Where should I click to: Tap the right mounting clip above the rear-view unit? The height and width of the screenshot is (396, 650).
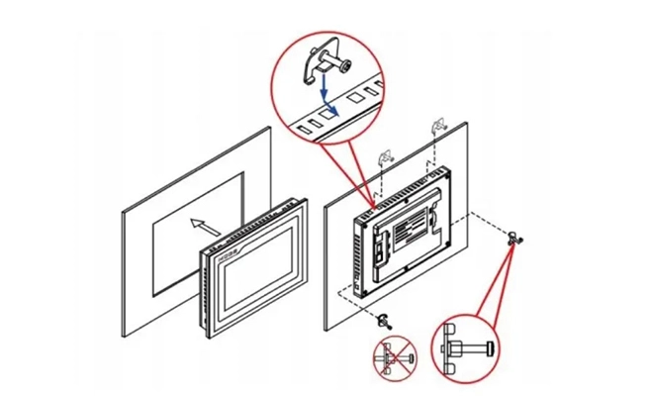coord(436,127)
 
